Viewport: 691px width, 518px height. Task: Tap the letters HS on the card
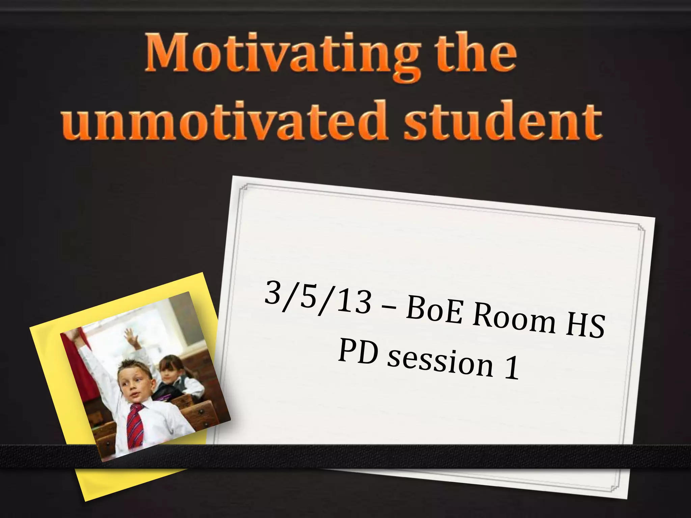coord(585,329)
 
